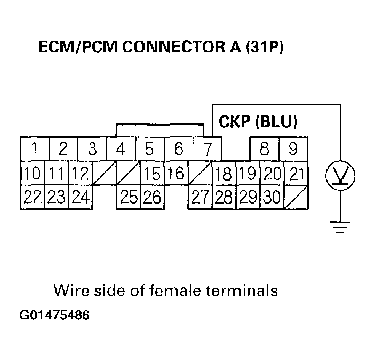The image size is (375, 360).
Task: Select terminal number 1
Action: click(x=34, y=148)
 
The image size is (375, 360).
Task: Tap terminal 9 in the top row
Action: click(x=293, y=148)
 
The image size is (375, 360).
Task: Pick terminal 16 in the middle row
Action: click(x=175, y=173)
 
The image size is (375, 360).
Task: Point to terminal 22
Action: click(x=33, y=197)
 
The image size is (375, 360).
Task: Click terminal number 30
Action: click(x=272, y=197)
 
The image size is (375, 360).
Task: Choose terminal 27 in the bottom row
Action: click(x=200, y=197)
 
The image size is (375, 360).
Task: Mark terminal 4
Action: click(x=121, y=148)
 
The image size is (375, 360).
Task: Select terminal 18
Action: click(x=223, y=174)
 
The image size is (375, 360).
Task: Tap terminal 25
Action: click(x=129, y=197)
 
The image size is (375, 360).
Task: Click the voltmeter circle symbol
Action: click(x=340, y=174)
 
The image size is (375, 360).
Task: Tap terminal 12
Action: click(x=80, y=173)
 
